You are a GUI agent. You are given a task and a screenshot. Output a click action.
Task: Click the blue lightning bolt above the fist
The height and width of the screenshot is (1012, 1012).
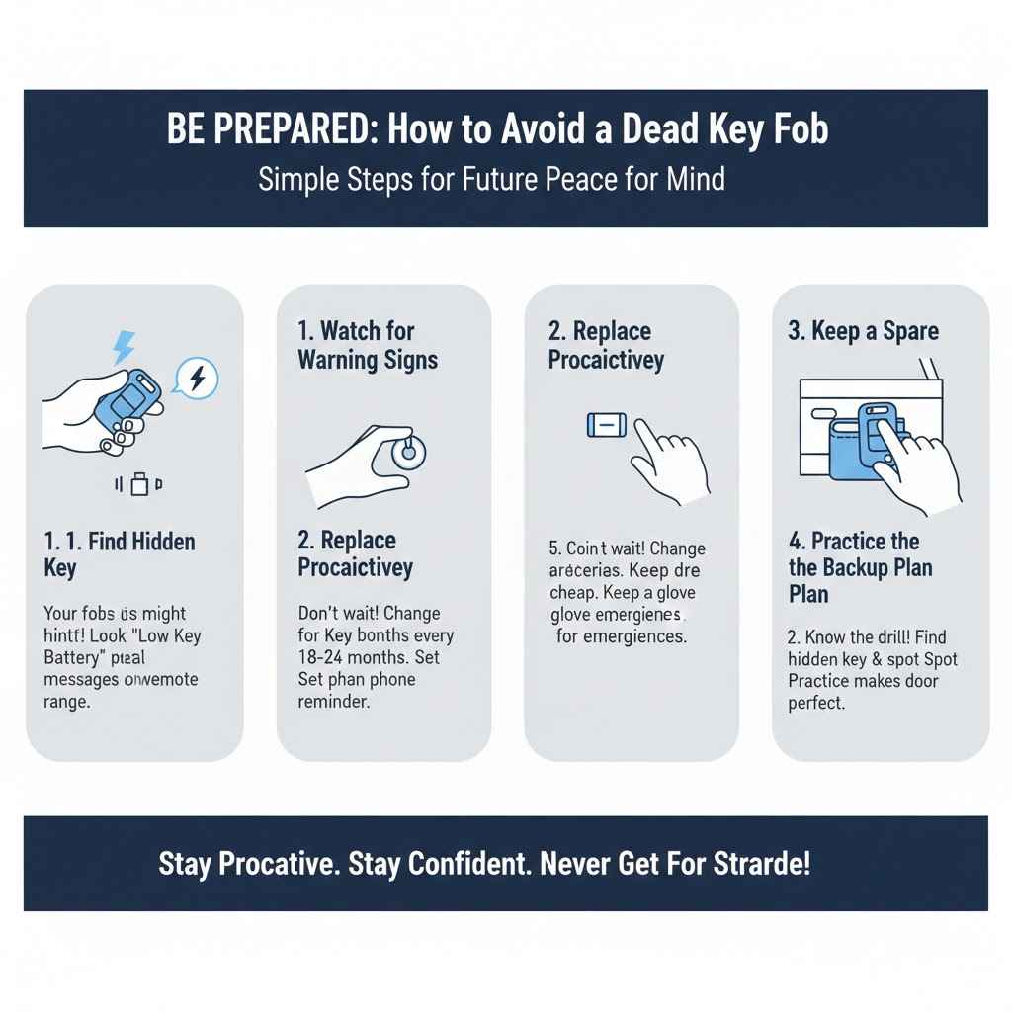coord(125,347)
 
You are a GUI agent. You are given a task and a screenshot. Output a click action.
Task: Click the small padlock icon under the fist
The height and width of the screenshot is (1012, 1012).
coord(140,484)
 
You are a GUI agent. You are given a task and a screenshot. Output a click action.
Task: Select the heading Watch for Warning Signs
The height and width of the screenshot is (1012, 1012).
coord(368,345)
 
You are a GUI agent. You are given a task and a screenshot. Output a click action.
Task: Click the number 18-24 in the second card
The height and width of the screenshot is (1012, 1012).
coord(325,657)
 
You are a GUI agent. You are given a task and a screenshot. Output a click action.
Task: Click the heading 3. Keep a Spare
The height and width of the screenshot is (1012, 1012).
coord(863,331)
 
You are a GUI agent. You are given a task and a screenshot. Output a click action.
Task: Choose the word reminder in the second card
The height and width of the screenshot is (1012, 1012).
coord(333,702)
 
